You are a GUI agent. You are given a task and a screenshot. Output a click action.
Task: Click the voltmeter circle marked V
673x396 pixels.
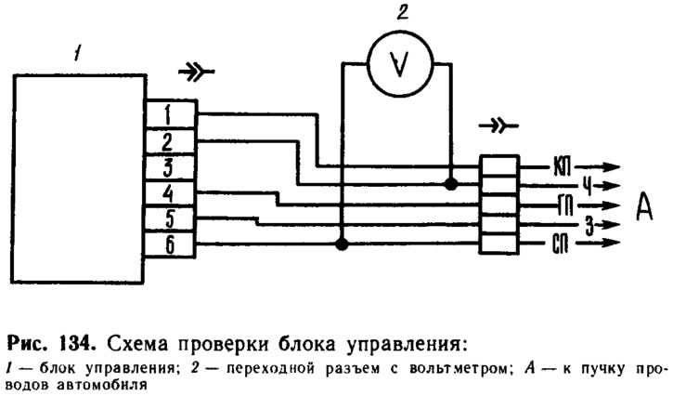(397, 63)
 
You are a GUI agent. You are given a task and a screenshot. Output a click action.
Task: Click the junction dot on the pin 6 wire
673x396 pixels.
(342, 244)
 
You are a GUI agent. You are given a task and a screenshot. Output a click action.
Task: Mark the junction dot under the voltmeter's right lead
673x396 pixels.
(451, 184)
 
